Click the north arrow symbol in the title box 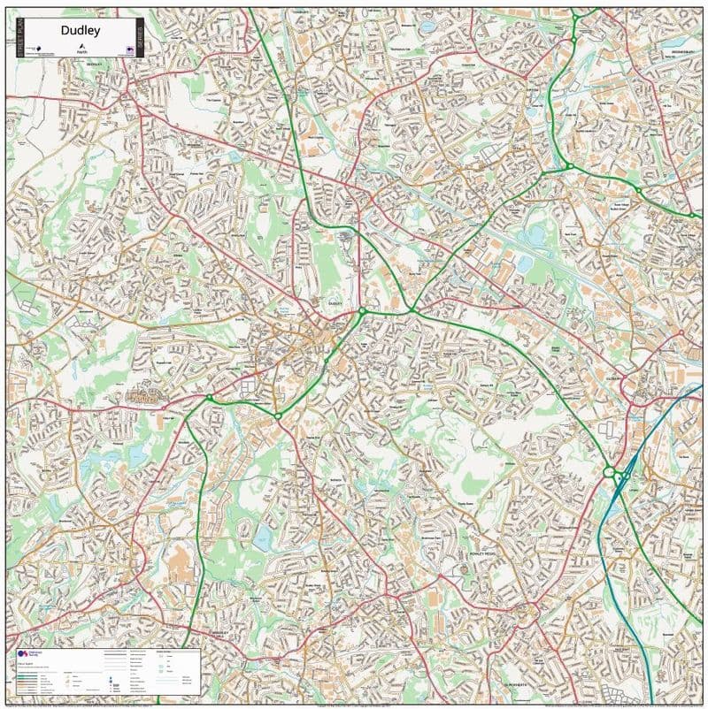[x=82, y=46]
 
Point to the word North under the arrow [x=82, y=54]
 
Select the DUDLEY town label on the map [x=335, y=302]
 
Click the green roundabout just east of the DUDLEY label [x=362, y=311]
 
